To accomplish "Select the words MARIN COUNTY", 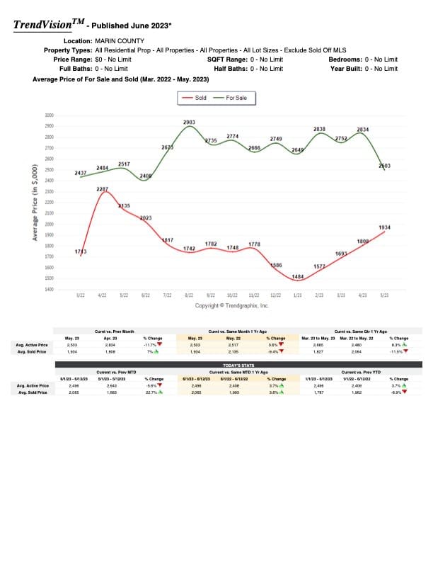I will pyautogui.click(x=120, y=41).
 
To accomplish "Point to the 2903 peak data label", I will pyautogui.click(x=189, y=123).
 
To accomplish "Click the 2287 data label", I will pyautogui.click(x=103, y=189).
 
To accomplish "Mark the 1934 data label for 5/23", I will pyautogui.click(x=384, y=227).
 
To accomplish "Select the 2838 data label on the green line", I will pyautogui.click(x=319, y=129).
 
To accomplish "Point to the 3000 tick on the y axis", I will pyautogui.click(x=49, y=115).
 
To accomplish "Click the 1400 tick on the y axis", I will pyautogui.click(x=49, y=290).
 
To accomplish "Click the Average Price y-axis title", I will pyautogui.click(x=35, y=202).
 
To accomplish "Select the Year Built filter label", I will pyautogui.click(x=345, y=69).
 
